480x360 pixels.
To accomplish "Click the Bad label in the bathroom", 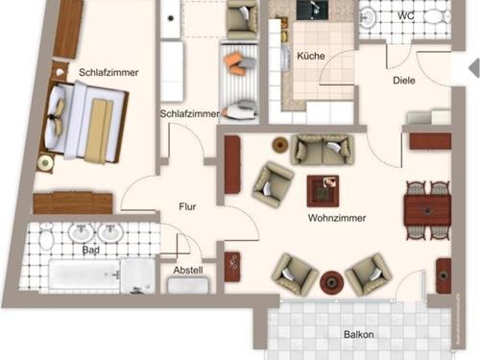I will click(x=91, y=251).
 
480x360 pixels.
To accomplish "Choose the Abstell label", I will click(x=187, y=271).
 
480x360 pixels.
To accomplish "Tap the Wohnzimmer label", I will click(x=333, y=218).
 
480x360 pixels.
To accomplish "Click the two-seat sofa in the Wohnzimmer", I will click(x=323, y=148).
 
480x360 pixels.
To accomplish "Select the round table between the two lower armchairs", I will click(x=331, y=282).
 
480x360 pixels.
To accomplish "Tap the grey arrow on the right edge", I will click(x=470, y=67).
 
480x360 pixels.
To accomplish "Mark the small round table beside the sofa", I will click(x=279, y=146).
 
